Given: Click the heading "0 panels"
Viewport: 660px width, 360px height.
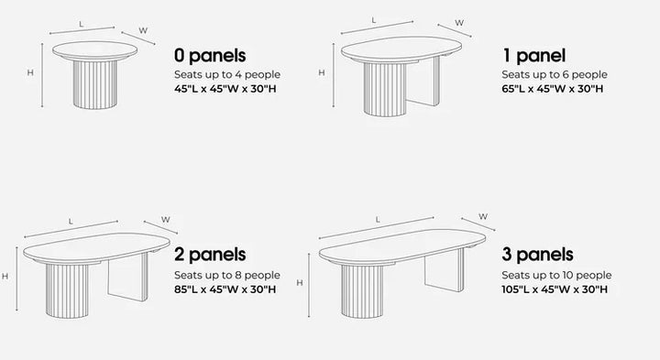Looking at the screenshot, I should [210, 56].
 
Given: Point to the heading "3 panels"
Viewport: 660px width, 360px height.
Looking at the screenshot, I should [538, 254].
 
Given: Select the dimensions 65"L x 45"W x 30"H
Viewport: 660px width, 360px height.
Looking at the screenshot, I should [552, 90].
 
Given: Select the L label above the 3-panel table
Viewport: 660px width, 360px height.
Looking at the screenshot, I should [378, 219].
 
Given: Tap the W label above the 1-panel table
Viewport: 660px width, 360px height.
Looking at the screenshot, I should [458, 22].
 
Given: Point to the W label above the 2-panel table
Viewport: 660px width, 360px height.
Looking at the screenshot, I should [166, 219].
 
